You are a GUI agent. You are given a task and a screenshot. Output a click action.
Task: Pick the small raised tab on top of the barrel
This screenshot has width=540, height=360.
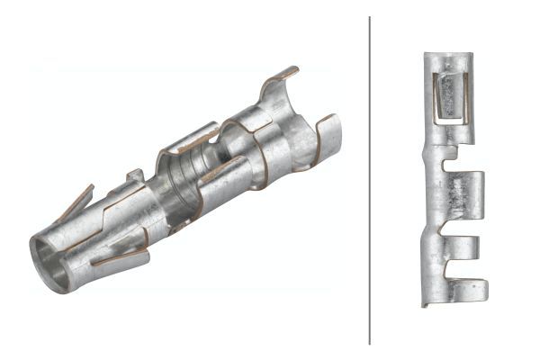135,175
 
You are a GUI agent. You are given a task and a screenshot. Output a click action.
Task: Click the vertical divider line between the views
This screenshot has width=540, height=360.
370,180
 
